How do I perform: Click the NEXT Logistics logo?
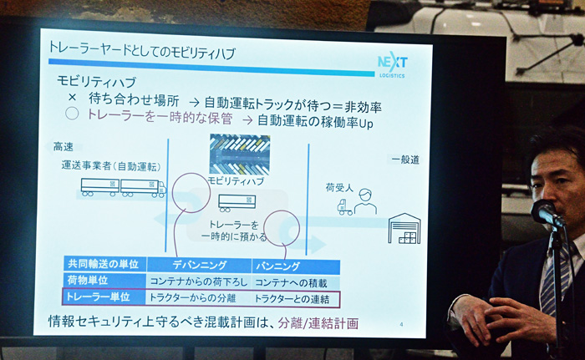392,64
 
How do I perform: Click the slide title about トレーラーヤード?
142,50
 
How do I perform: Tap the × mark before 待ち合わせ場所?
73,98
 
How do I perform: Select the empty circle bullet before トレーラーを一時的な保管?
72,114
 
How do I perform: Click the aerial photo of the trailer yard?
240,155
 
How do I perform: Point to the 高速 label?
63,147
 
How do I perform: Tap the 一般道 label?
405,160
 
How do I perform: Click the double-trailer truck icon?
124,187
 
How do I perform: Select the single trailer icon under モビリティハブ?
237,203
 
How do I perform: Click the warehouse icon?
404,228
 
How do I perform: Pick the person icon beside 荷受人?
365,201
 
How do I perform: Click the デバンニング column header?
199,266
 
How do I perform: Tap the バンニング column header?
277,266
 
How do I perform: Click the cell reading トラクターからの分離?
192,297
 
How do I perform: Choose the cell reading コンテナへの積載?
291,283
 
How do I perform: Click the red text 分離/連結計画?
318,323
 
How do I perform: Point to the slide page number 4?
401,324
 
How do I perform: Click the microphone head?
545,212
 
